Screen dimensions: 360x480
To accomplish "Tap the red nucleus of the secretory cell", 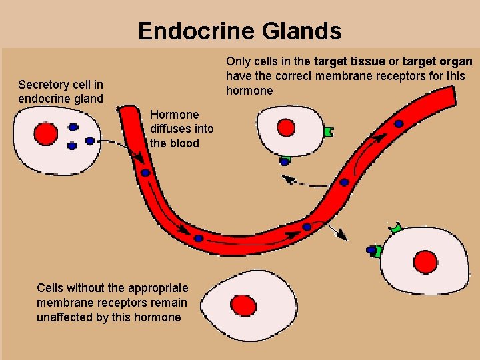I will pyautogui.click(x=46, y=133).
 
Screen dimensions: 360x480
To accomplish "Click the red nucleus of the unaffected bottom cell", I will pyautogui.click(x=244, y=306).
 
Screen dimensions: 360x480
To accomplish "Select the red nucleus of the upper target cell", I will pyautogui.click(x=286, y=127).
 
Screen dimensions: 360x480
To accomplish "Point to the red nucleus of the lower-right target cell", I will pyautogui.click(x=425, y=261).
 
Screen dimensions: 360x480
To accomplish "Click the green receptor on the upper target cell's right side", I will pyautogui.click(x=327, y=132).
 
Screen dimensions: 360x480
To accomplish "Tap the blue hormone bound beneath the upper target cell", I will pyautogui.click(x=285, y=161).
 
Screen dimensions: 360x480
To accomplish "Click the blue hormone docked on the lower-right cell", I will pyautogui.click(x=371, y=251).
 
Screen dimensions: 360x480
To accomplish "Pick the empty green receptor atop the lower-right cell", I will pyautogui.click(x=397, y=228).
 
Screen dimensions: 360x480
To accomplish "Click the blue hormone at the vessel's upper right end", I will pyautogui.click(x=398, y=123).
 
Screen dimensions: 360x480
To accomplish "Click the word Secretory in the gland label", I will pyautogui.click(x=44, y=85).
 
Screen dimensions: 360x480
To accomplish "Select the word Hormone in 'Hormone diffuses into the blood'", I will pyautogui.click(x=175, y=114).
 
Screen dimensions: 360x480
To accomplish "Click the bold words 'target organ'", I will pyautogui.click(x=438, y=61).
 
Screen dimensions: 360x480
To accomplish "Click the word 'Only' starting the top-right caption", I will pyautogui.click(x=238, y=61).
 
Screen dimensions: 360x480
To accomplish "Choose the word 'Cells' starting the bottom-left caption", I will pyautogui.click(x=51, y=288).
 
